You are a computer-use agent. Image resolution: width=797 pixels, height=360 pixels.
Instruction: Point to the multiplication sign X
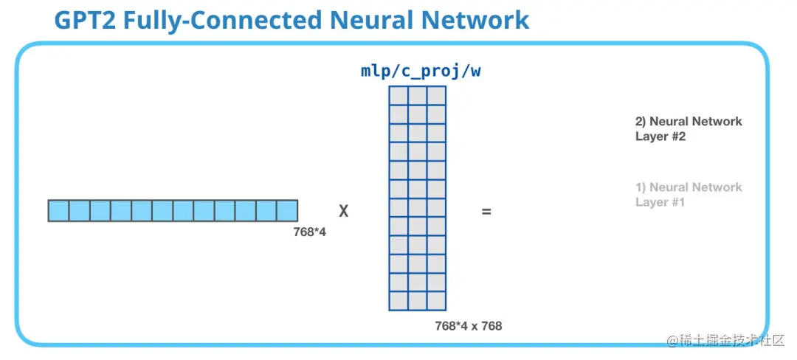[x=343, y=212]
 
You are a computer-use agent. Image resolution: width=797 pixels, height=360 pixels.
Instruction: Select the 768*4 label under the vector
[x=310, y=232]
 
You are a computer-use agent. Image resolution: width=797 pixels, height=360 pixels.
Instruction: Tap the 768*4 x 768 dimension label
[x=469, y=325]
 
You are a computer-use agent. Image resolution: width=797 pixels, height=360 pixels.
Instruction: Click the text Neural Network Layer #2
[x=688, y=128]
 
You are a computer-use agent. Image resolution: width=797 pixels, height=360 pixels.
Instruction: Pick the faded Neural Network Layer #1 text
[x=688, y=195]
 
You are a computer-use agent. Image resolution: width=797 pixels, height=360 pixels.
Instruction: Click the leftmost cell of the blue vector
[x=58, y=210]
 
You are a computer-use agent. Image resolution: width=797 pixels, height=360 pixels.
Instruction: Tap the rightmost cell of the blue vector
[x=288, y=210]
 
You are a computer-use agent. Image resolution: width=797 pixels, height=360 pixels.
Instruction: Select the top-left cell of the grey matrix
[x=398, y=96]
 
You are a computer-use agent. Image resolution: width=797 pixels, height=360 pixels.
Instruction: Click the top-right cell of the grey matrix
[x=436, y=96]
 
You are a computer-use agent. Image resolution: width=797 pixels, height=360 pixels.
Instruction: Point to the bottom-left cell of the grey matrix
[x=398, y=301]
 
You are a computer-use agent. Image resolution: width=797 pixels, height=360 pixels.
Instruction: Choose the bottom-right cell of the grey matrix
[x=436, y=301]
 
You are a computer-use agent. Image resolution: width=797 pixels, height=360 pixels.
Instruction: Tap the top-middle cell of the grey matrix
[x=417, y=96]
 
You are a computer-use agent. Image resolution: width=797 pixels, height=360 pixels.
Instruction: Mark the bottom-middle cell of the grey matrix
[x=417, y=301]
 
